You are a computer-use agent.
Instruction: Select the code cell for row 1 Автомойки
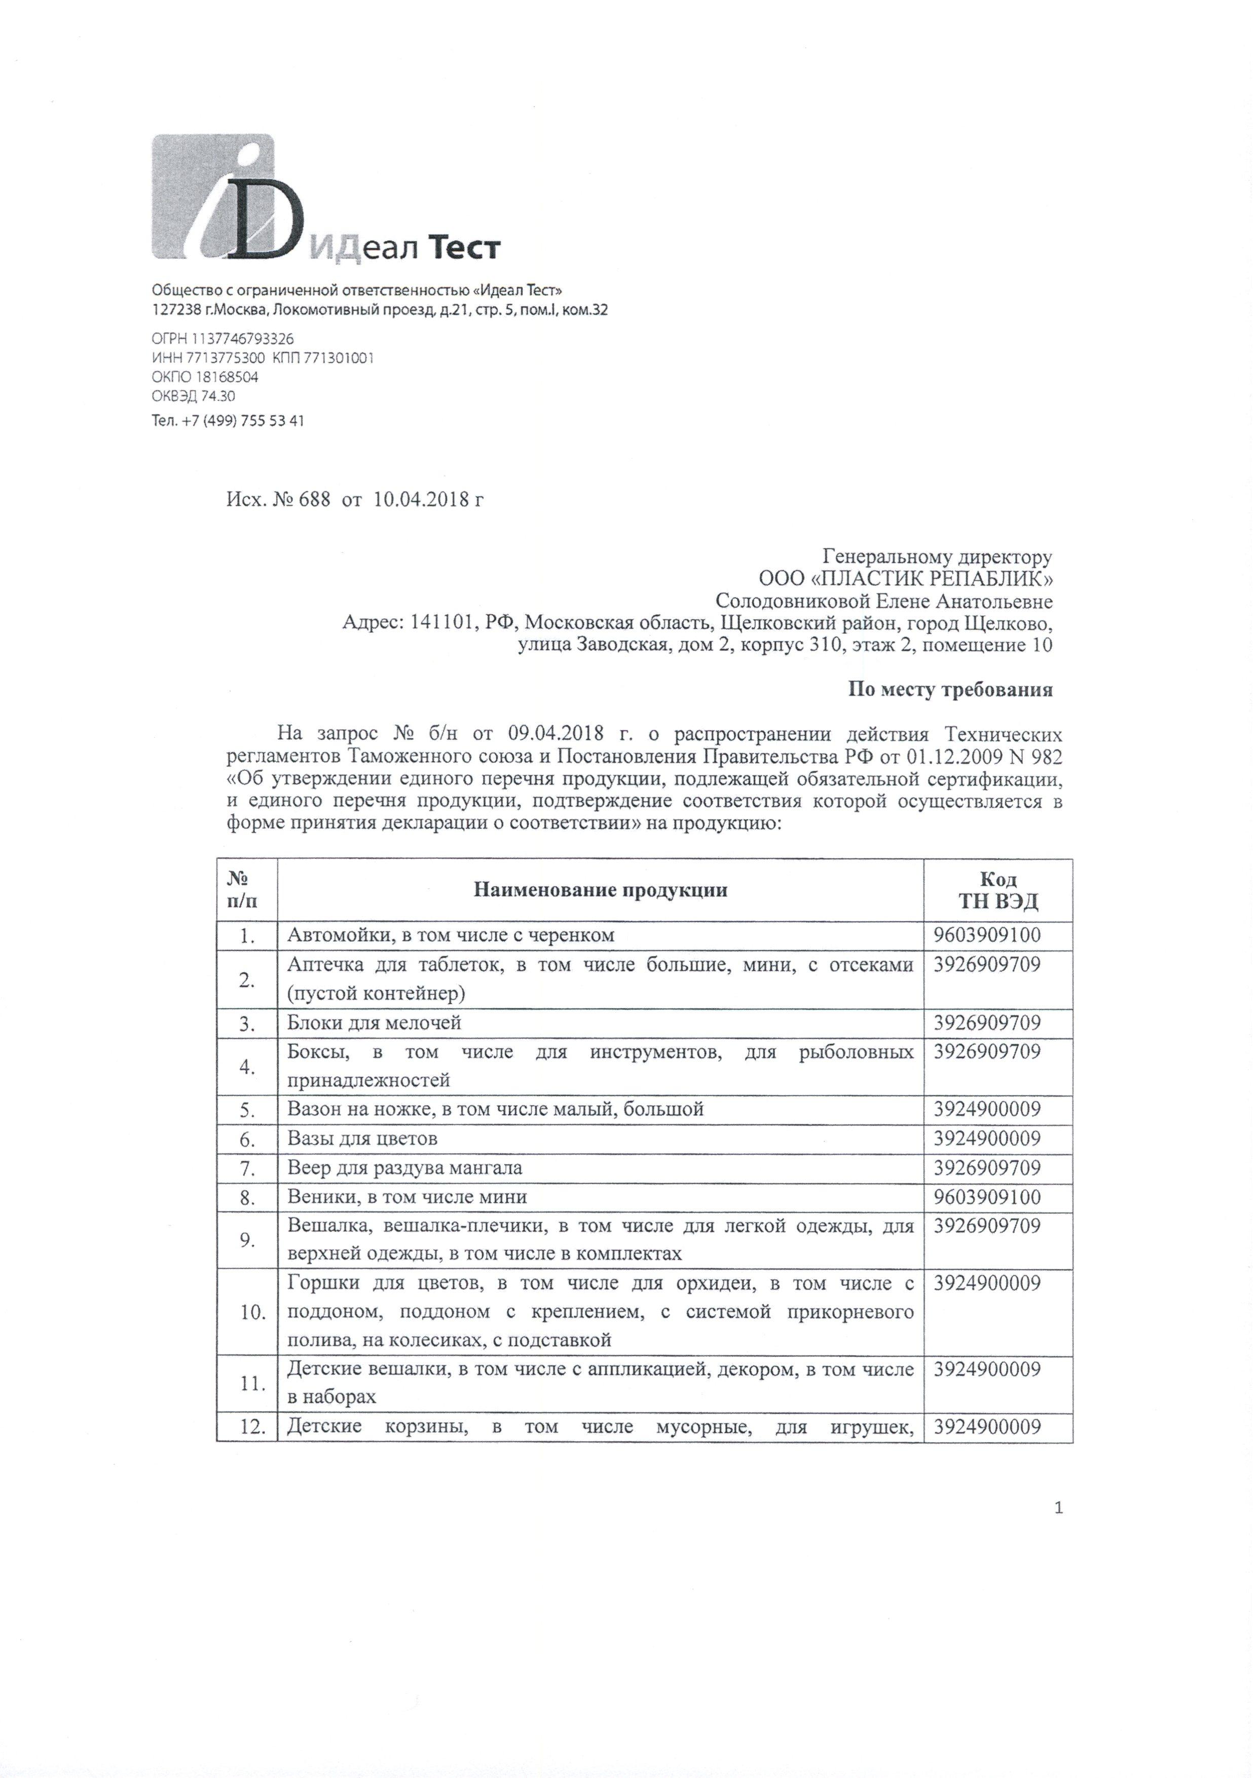point(987,935)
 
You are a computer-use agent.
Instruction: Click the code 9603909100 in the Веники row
point(987,1198)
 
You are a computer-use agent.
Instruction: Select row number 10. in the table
point(252,1312)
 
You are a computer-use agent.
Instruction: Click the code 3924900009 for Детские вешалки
point(987,1370)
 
